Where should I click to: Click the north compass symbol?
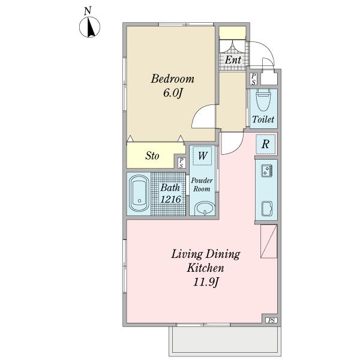click(89, 28)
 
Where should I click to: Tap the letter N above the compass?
click(88, 11)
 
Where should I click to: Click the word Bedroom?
click(172, 79)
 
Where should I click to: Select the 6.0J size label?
click(173, 93)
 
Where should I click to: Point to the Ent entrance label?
click(233, 60)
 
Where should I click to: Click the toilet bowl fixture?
click(263, 100)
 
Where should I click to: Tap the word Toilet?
click(263, 119)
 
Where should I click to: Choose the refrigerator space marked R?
click(265, 144)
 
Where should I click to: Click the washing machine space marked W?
click(202, 155)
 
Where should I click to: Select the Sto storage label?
click(152, 155)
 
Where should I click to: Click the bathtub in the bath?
click(139, 193)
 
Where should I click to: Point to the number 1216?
click(170, 199)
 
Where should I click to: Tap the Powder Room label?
click(202, 185)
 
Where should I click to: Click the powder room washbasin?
click(205, 208)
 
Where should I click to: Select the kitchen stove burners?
click(266, 171)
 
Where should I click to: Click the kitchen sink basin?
click(267, 208)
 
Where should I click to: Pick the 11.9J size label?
click(205, 282)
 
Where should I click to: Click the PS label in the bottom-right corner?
click(271, 320)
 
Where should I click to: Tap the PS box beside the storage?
click(181, 163)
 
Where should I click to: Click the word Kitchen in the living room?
click(205, 268)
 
